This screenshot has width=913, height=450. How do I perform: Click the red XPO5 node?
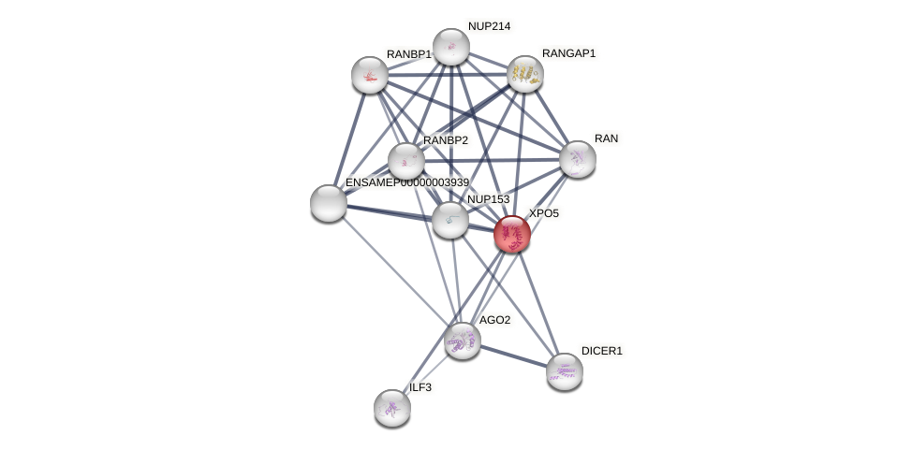pyautogui.click(x=512, y=234)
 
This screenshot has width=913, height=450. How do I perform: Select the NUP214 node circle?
pyautogui.click(x=450, y=47)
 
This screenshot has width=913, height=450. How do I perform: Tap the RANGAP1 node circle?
pyautogui.click(x=525, y=74)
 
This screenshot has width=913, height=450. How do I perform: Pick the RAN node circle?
pyautogui.click(x=578, y=159)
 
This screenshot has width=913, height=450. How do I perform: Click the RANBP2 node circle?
pyautogui.click(x=406, y=161)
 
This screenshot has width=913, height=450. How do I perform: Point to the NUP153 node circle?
pyautogui.click(x=450, y=220)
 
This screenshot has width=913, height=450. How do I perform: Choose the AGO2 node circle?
pyautogui.click(x=462, y=341)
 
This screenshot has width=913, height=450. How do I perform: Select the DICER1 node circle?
pyautogui.click(x=564, y=371)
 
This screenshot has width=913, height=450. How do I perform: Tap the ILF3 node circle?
pyautogui.click(x=392, y=407)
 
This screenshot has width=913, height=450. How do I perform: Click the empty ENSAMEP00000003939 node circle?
pyautogui.click(x=329, y=203)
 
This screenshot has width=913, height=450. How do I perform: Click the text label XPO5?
pyautogui.click(x=543, y=213)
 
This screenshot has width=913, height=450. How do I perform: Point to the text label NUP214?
pyautogui.click(x=489, y=26)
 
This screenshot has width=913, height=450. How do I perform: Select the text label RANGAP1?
pyautogui.click(x=568, y=53)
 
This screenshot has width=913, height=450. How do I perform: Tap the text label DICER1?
pyautogui.click(x=601, y=351)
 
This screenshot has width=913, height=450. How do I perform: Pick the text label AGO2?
pyautogui.click(x=494, y=320)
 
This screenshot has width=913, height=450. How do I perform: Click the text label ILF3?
pyautogui.click(x=420, y=387)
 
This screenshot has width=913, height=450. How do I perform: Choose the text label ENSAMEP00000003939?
pyautogui.click(x=406, y=182)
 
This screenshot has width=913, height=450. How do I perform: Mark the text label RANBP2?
pyautogui.click(x=445, y=140)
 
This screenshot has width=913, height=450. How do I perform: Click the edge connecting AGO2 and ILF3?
pyautogui.click(x=427, y=374)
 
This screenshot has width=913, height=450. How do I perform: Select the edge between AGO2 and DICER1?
pyautogui.click(x=513, y=356)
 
